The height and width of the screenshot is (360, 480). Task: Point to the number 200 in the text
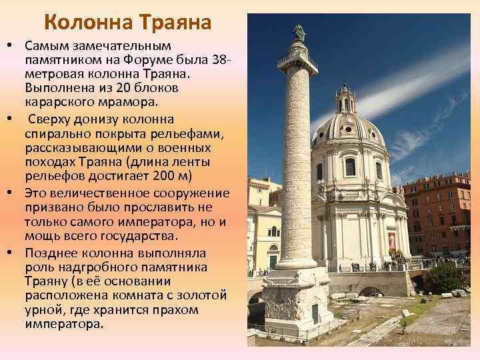163,177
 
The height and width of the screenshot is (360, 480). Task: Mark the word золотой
202,295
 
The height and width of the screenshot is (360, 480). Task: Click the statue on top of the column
299,31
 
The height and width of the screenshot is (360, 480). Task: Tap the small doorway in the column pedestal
315,313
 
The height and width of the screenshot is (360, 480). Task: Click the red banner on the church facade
391,240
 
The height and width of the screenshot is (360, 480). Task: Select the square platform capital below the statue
298,62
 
